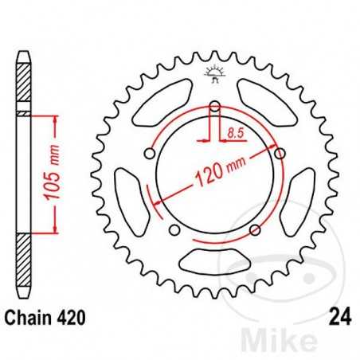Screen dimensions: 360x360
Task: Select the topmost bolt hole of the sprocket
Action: click(x=215, y=106)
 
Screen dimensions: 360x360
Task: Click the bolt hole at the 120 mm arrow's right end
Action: click(x=280, y=152)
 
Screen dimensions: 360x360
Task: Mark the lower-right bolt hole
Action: click(x=255, y=230)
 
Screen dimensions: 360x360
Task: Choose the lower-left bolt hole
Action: click(x=174, y=230)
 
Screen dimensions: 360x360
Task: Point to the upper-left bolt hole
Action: click(x=150, y=153)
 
